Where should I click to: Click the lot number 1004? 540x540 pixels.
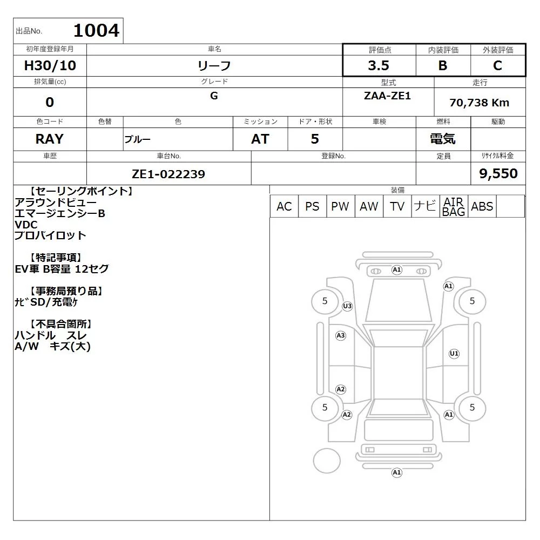[x=97, y=31]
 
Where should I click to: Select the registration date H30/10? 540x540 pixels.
[x=50, y=65]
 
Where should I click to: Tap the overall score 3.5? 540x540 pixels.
[x=379, y=65]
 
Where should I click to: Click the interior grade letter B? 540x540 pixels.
[x=443, y=65]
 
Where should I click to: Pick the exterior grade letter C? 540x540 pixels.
[x=497, y=65]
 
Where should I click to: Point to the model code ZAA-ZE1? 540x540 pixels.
[x=387, y=96]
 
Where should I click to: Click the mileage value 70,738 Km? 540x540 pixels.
[x=479, y=103]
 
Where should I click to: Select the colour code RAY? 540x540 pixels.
[x=50, y=139]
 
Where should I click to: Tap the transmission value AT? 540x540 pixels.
[x=260, y=139]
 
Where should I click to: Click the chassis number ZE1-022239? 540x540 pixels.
[x=168, y=174]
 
